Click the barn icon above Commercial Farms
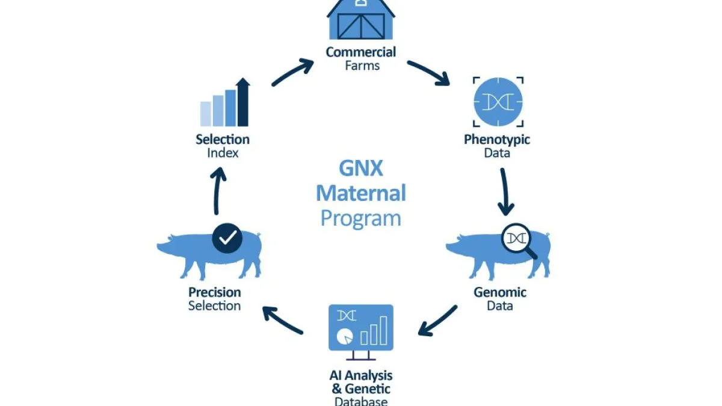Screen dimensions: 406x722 pyautogui.click(x=360, y=19)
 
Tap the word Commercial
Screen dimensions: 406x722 pyautogui.click(x=361, y=52)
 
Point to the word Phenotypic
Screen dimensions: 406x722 pyautogui.click(x=497, y=140)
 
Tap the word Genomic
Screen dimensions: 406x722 pyautogui.click(x=500, y=292)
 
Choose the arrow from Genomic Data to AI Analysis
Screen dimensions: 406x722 pyautogui.click(x=437, y=320)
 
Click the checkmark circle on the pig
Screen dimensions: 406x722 pyautogui.click(x=227, y=238)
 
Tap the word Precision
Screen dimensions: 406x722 pyautogui.click(x=215, y=292)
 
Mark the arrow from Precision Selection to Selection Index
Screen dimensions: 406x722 pyautogui.click(x=218, y=191)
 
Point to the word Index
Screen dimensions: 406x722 pyautogui.click(x=223, y=153)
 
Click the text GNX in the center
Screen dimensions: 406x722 pyautogui.click(x=361, y=168)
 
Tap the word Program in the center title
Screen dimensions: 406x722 pyautogui.click(x=361, y=217)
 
